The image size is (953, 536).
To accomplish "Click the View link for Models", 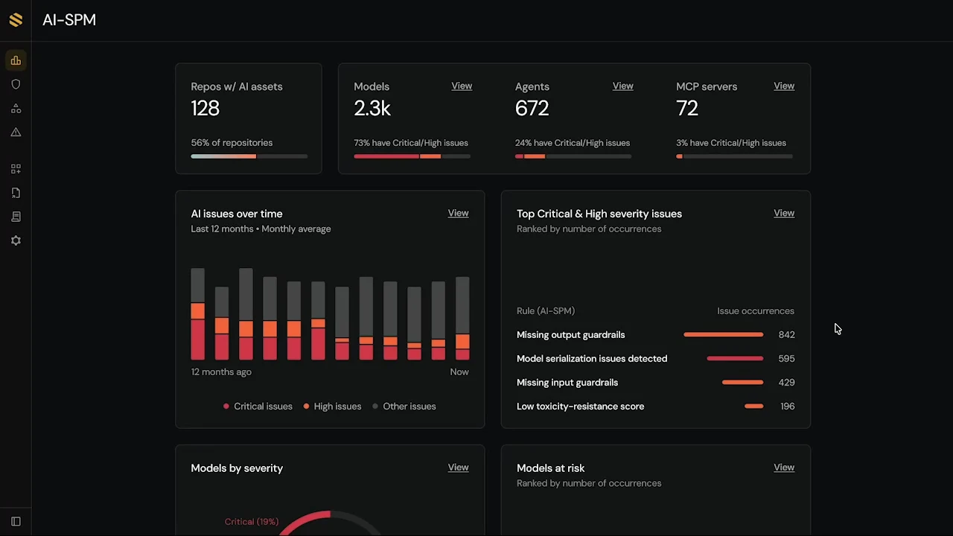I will pyautogui.click(x=462, y=86).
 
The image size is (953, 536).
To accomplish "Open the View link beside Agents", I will pyautogui.click(x=622, y=86).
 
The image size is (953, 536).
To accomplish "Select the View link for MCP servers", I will pyautogui.click(x=783, y=86).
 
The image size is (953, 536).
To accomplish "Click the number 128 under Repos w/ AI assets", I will pyautogui.click(x=205, y=109).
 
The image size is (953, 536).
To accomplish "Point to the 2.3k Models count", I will pyautogui.click(x=372, y=109).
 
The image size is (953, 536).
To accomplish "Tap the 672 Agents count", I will pyautogui.click(x=532, y=109).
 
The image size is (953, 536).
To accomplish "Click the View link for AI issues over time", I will pyautogui.click(x=458, y=214).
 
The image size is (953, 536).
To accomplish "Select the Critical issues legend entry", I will pyautogui.click(x=258, y=406).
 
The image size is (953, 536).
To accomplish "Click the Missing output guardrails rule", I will pyautogui.click(x=570, y=335).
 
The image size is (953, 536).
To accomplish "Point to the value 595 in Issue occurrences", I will pyautogui.click(x=786, y=359).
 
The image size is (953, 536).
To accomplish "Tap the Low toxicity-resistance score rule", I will pyautogui.click(x=580, y=406).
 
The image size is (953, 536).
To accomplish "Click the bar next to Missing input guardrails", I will pyautogui.click(x=742, y=383).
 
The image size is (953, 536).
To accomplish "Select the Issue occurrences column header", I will pyautogui.click(x=755, y=311).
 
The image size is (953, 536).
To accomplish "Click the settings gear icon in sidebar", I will pyautogui.click(x=16, y=240).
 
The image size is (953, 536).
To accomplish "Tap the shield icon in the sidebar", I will pyautogui.click(x=16, y=84).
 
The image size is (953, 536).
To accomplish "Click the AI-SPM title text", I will pyautogui.click(x=69, y=20).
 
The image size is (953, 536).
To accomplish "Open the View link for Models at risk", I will pyautogui.click(x=783, y=468).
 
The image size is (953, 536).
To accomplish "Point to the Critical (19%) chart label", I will pyautogui.click(x=251, y=522).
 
